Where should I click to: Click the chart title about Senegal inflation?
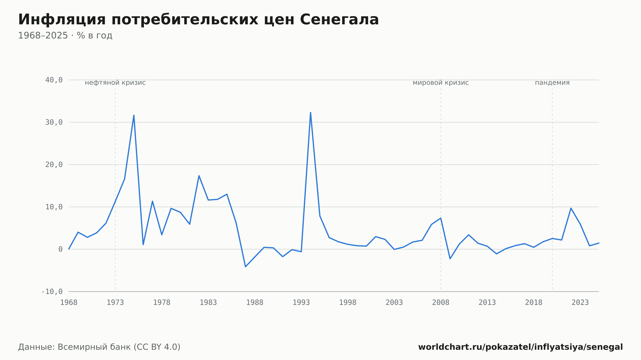tap(198, 20)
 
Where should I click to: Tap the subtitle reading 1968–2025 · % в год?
tap(65, 36)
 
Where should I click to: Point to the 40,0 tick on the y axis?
tap(54, 80)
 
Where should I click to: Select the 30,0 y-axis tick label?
tap(54, 122)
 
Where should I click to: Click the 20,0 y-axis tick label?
tap(54, 165)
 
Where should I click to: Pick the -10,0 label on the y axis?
tap(52, 291)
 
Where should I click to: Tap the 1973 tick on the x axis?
tap(115, 303)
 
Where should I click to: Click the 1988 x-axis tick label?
tap(255, 303)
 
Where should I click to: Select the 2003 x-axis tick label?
tap(394, 303)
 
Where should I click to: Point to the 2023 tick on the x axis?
tap(580, 303)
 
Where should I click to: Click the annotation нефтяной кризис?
tap(115, 83)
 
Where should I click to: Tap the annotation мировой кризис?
tap(441, 83)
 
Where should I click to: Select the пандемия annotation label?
tap(552, 83)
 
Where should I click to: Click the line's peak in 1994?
tap(311, 112)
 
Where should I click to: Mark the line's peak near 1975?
tap(134, 115)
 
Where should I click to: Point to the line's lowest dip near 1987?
tap(246, 267)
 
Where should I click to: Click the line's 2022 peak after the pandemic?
tap(571, 208)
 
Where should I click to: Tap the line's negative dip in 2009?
tap(450, 259)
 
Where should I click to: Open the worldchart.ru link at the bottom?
tap(520, 347)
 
